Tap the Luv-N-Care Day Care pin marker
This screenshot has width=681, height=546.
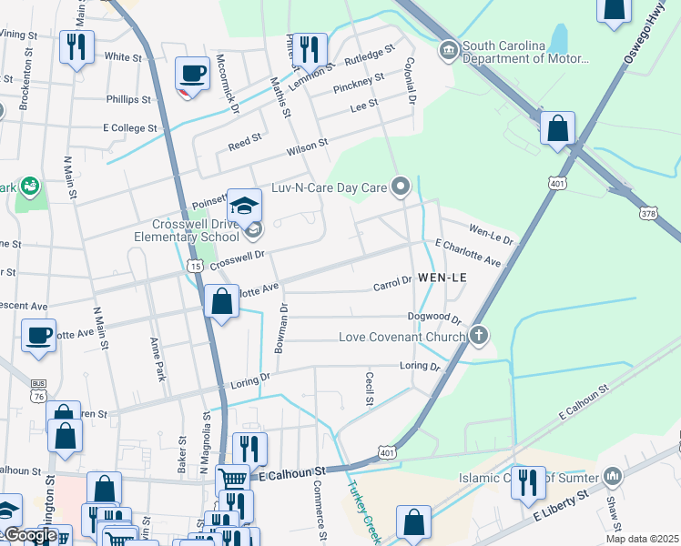401,187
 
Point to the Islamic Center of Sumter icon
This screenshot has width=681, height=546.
613,476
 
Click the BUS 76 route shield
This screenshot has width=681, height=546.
37,390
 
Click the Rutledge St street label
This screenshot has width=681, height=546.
370,60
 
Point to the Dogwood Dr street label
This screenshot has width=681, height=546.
435,318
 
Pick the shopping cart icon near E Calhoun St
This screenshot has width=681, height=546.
232,478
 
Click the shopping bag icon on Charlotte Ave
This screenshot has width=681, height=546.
221,301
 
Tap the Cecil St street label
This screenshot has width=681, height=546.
370,388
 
